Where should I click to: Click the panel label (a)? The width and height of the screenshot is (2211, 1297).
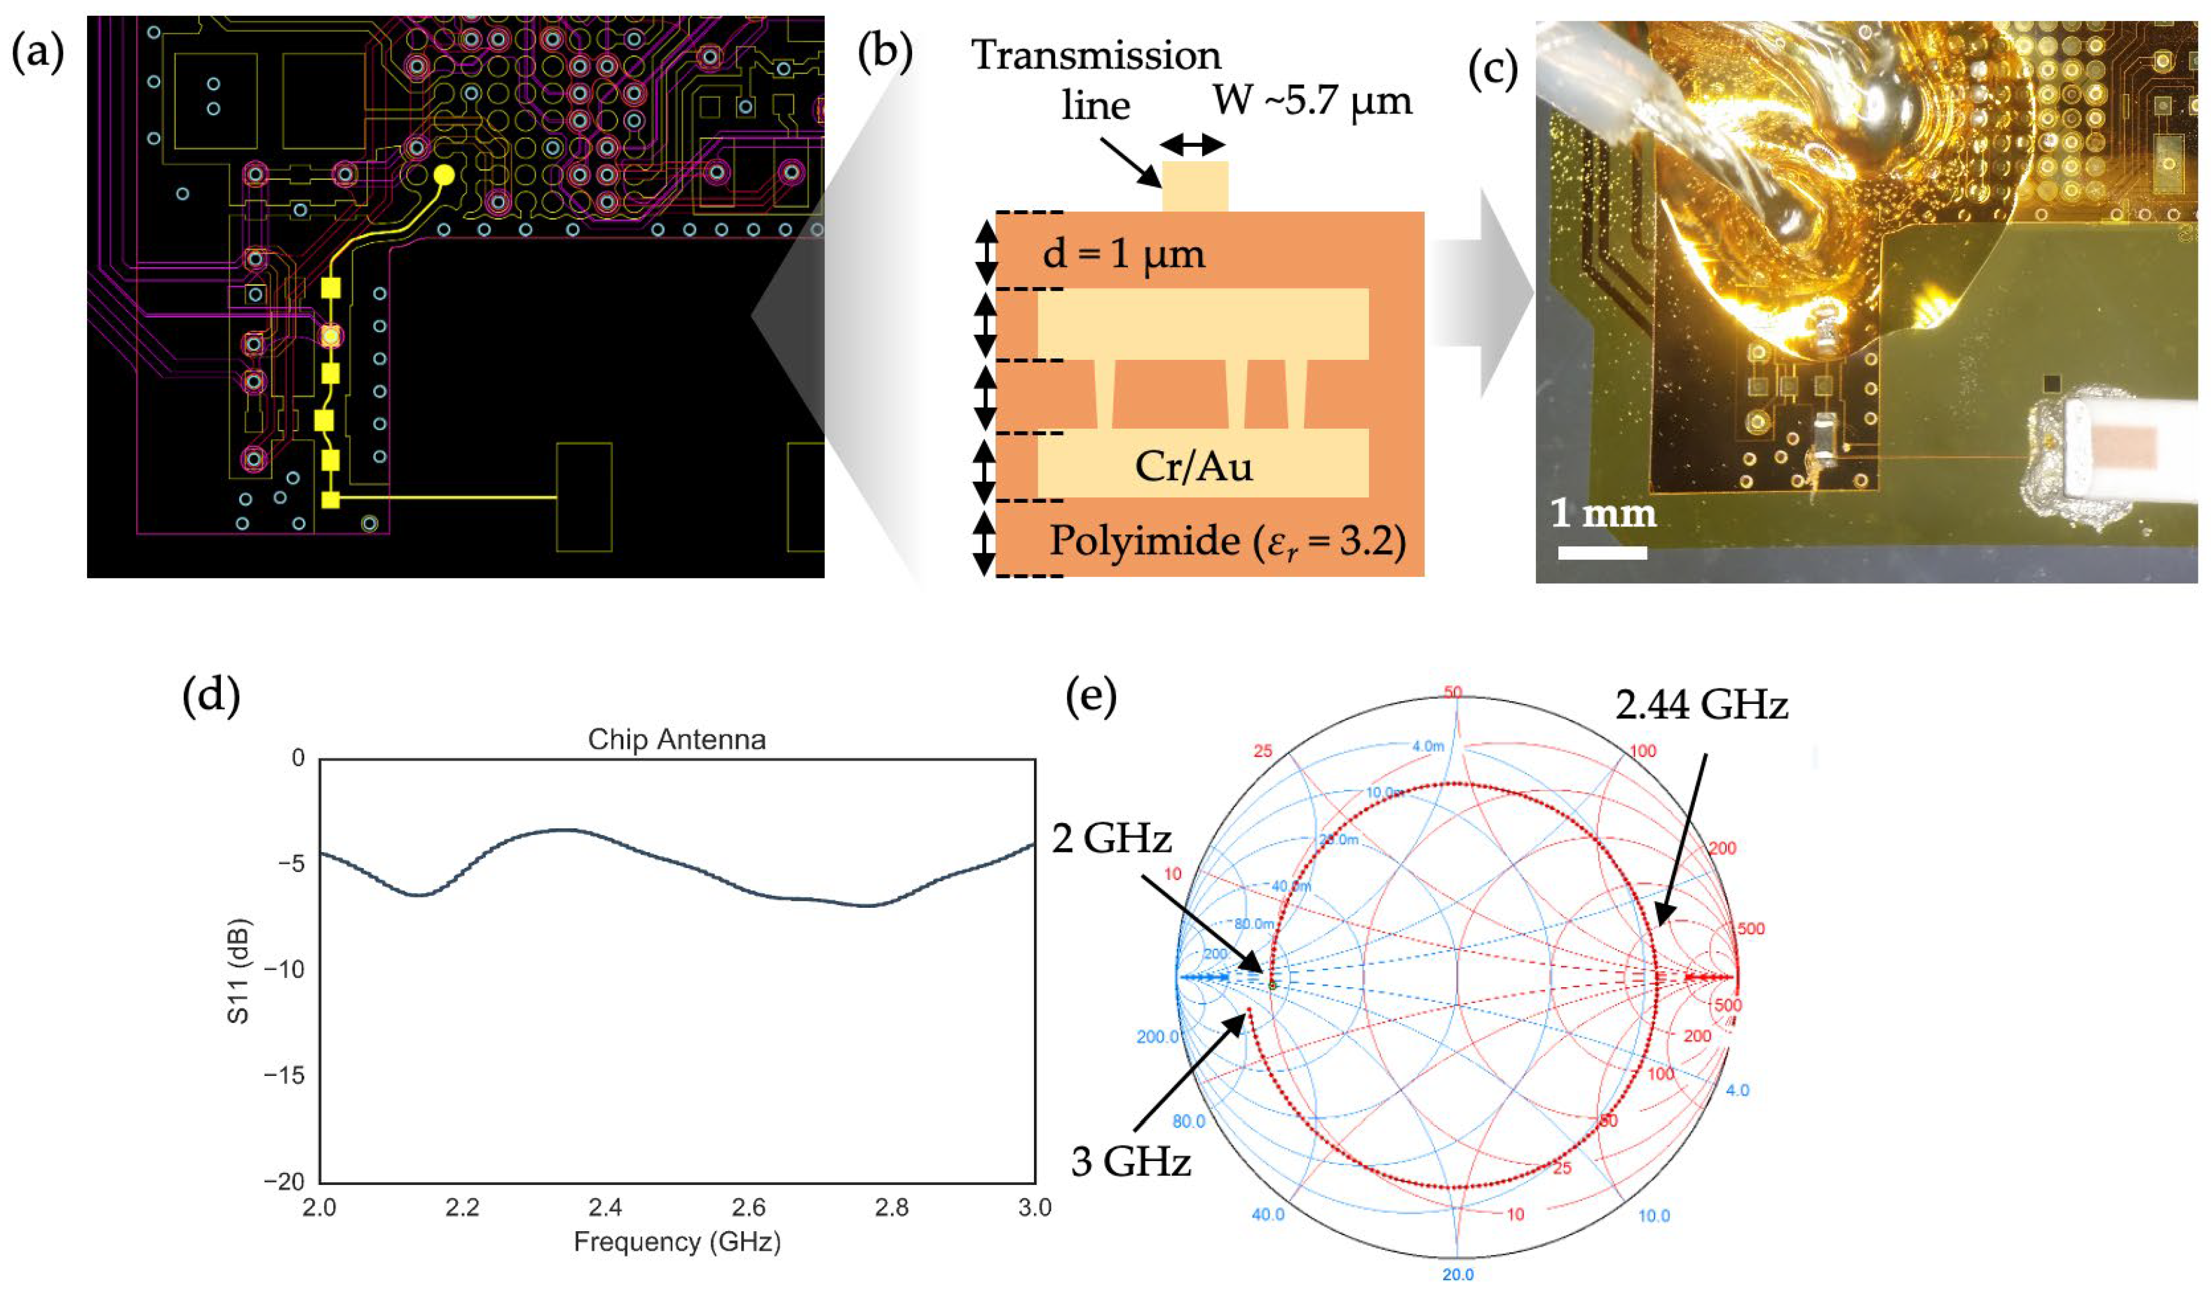pos(37,54)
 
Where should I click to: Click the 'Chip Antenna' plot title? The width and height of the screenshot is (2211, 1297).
pos(677,739)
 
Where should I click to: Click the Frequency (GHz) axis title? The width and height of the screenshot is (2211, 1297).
pos(677,1242)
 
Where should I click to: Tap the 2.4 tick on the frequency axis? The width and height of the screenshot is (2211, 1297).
pos(605,1208)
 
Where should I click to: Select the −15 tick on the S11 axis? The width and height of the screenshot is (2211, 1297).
pos(283,1075)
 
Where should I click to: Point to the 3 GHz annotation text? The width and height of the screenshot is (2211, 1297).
pos(1131,1162)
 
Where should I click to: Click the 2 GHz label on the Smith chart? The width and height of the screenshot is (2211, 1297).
pos(1112,839)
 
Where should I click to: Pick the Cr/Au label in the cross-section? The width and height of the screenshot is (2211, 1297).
pos(1193,466)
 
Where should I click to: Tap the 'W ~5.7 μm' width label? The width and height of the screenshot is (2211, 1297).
pos(1312,102)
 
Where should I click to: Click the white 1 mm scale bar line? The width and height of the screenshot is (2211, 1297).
pos(1602,552)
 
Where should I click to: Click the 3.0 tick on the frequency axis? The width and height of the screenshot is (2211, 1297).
pos(1035,1208)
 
